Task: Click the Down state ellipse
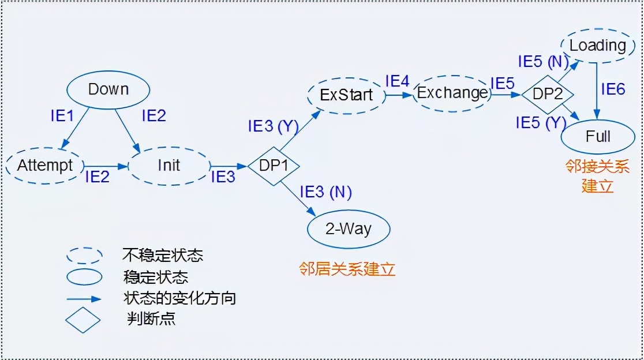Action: [x=108, y=89]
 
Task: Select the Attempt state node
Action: [x=45, y=166]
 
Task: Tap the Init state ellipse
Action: [x=169, y=166]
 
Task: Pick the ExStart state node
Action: [x=346, y=95]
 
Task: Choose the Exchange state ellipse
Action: [x=452, y=93]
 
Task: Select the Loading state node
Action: [x=597, y=45]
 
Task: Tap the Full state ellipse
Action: [x=598, y=137]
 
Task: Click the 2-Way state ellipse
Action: [x=348, y=229]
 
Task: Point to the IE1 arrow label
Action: [x=62, y=116]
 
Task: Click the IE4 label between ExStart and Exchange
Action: [x=397, y=81]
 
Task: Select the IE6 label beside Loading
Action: [x=613, y=89]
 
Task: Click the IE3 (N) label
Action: [x=325, y=192]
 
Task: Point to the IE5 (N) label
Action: [x=542, y=61]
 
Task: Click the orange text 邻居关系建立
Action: [x=347, y=269]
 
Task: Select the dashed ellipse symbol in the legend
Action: [x=85, y=255]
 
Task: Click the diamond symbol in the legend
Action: [x=84, y=320]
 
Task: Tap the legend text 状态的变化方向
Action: [x=179, y=298]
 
